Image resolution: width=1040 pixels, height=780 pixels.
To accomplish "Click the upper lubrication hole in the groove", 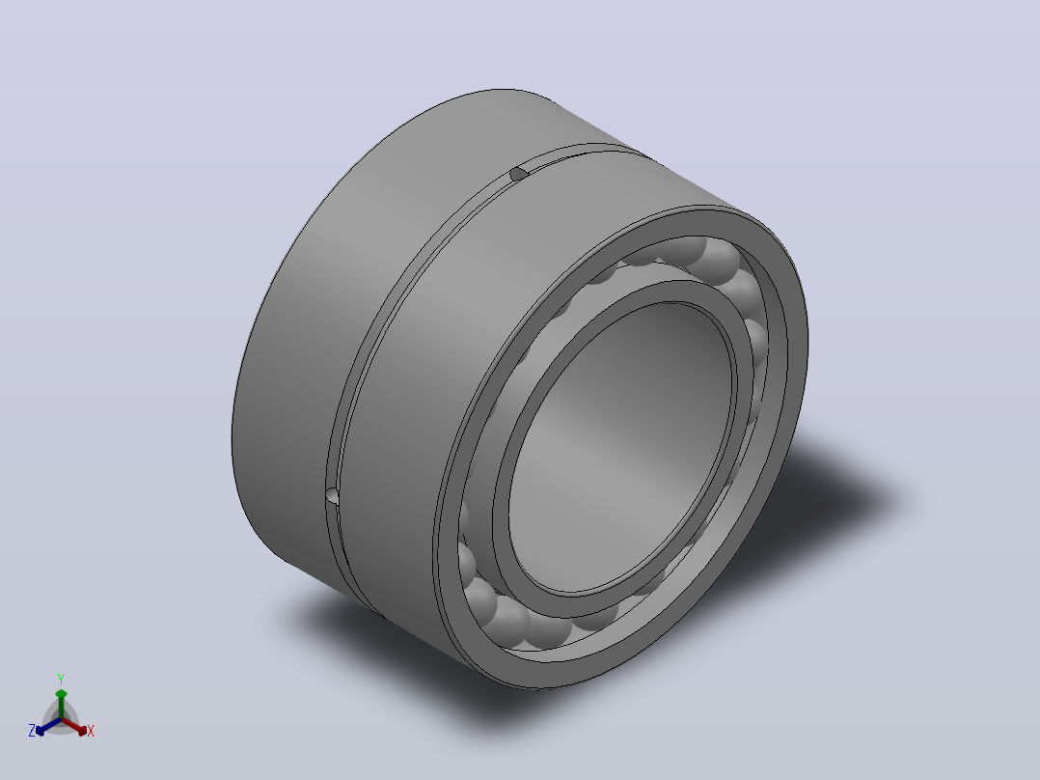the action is pyautogui.click(x=518, y=174).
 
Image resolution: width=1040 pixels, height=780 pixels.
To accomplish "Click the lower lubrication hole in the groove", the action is pyautogui.click(x=332, y=496).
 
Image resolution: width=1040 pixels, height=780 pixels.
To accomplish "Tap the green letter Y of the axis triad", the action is pyautogui.click(x=61, y=679).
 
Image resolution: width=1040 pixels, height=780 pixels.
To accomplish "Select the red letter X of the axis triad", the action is pyautogui.click(x=91, y=731).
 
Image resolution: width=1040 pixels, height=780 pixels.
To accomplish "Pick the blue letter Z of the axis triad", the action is pyautogui.click(x=31, y=731).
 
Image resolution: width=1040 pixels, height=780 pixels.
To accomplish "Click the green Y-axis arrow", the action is pyautogui.click(x=61, y=704).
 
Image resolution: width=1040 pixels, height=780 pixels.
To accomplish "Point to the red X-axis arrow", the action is pyautogui.click(x=74, y=726).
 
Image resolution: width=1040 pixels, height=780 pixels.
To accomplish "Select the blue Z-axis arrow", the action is pyautogui.click(x=48, y=726).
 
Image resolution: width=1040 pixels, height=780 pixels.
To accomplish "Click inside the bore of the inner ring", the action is pyautogui.click(x=620, y=445).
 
